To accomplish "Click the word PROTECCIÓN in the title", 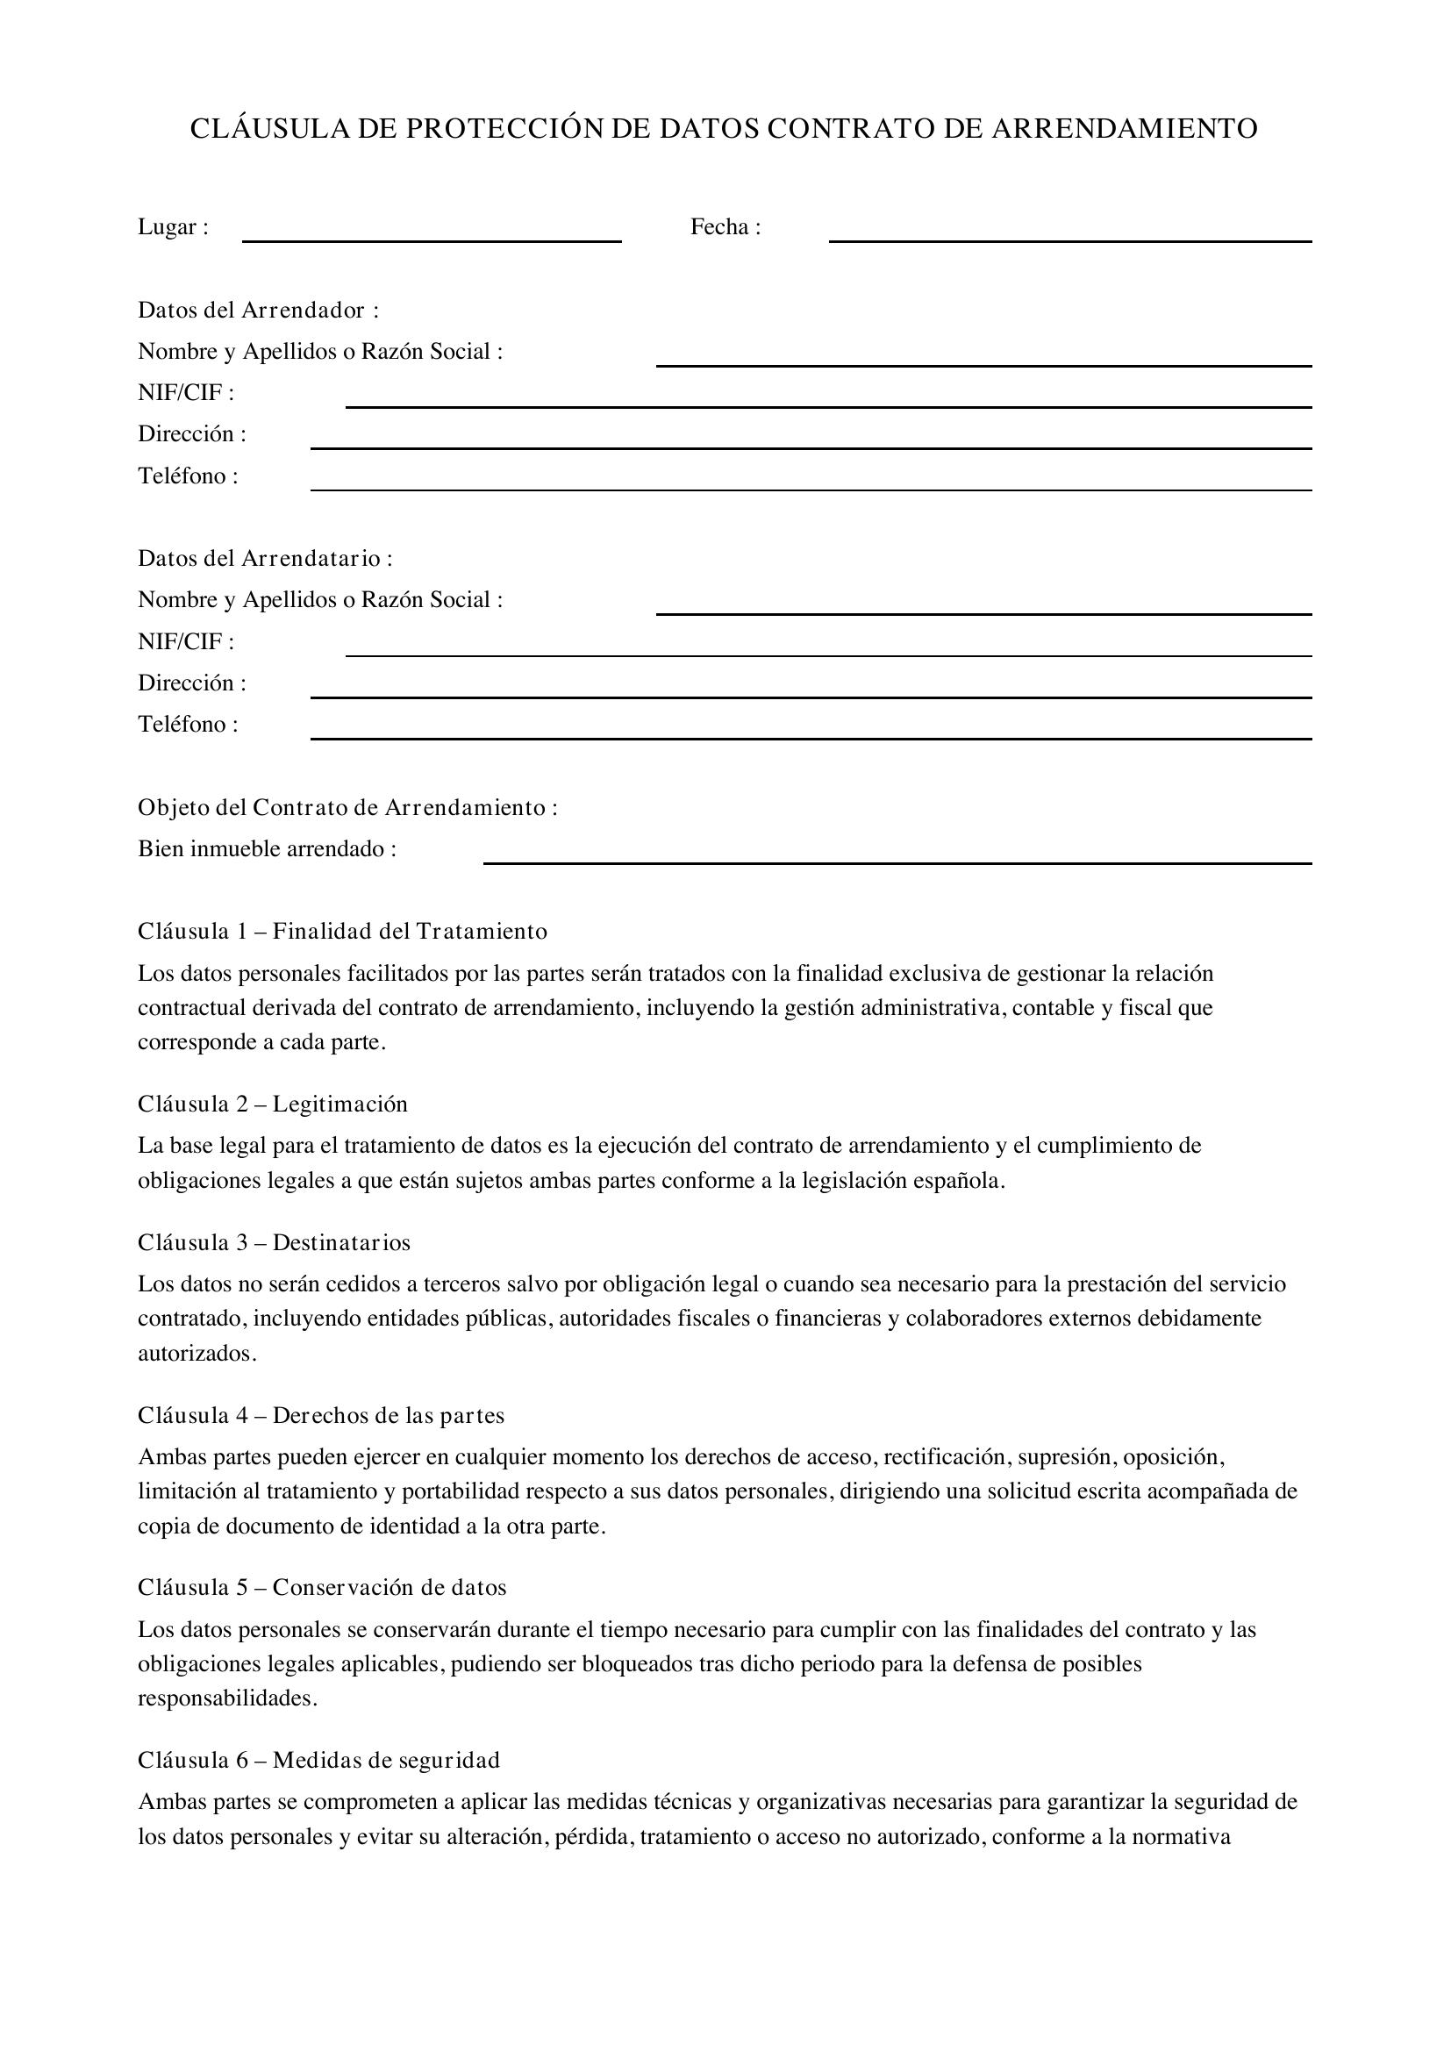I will [x=504, y=129].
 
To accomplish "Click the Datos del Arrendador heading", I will [x=257, y=310].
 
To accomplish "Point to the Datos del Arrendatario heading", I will [x=264, y=559].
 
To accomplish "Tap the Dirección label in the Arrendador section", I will [x=191, y=434].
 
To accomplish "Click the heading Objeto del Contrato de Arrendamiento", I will [x=347, y=808].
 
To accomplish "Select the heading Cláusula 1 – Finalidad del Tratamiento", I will [x=342, y=932].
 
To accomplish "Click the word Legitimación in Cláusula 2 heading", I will [x=340, y=1105].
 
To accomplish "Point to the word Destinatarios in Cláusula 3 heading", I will [x=341, y=1243].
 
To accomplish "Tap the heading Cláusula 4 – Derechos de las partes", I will [x=321, y=1416].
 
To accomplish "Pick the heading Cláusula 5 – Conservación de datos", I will [x=322, y=1588].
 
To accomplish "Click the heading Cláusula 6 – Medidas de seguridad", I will [x=318, y=1761].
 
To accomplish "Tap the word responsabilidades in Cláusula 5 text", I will [x=226, y=1698].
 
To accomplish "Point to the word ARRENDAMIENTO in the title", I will [x=1124, y=129].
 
